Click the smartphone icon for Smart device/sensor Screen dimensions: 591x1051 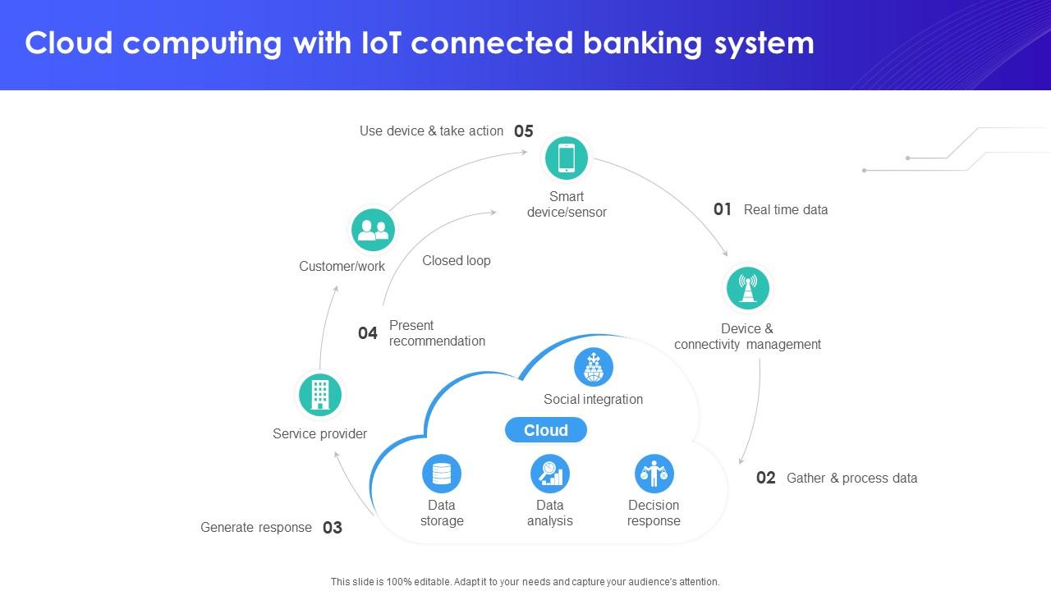coord(567,158)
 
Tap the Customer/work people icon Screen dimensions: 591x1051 coord(373,230)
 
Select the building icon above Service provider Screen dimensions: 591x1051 coord(320,395)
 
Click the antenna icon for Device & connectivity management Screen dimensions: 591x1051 coord(747,288)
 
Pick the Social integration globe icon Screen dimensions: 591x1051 coord(593,367)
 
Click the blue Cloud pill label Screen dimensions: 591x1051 coord(546,430)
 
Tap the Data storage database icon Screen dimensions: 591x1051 coord(442,474)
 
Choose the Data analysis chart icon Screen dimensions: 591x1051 coord(549,474)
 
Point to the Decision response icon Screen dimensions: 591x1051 coord(654,474)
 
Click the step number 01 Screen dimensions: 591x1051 coord(723,209)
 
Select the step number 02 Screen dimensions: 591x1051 coord(765,478)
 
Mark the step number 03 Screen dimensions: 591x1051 coord(332,528)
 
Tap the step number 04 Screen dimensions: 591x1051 coord(368,333)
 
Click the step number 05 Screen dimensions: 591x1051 coord(524,131)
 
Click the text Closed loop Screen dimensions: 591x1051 coord(457,260)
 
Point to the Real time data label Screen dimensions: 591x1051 coord(786,209)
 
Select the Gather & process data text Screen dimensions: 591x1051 coord(851,478)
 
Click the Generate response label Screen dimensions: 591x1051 coord(256,527)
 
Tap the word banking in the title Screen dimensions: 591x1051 coord(643,43)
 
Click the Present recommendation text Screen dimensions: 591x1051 coord(437,333)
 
